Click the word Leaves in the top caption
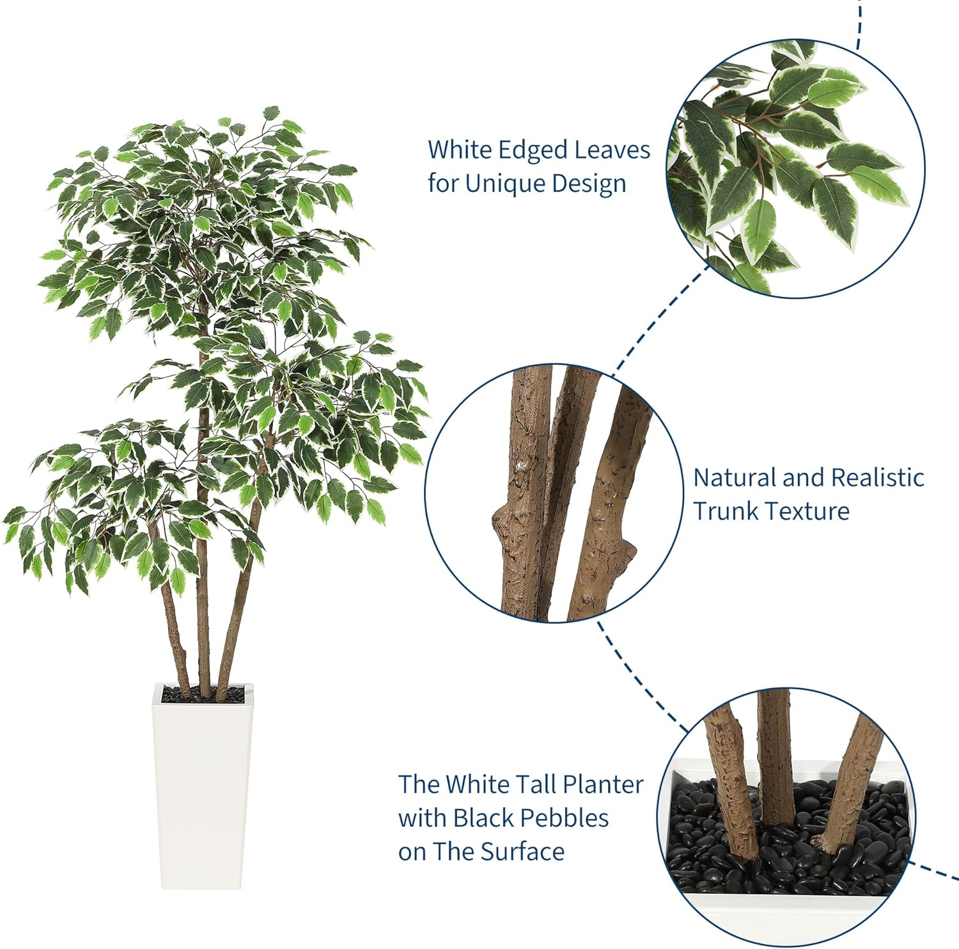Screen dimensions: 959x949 pos(612,150)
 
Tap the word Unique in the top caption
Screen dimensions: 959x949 pos(505,184)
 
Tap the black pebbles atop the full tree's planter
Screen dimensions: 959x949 pos(203,693)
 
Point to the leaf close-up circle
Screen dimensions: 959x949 pos(796,168)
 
